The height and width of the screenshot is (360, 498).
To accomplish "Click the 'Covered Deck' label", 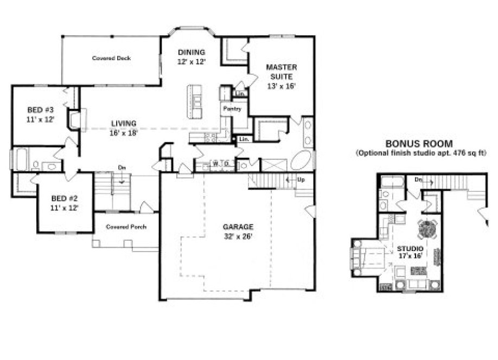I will tap(111, 58).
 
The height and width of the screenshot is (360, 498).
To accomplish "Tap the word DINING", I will tap(191, 53).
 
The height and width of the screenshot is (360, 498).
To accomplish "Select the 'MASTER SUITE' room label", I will tap(281, 72).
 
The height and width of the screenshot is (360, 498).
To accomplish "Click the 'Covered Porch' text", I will tap(125, 227).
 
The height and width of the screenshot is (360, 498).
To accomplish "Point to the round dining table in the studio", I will tap(427, 228).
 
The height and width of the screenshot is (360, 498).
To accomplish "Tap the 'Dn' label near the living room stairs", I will tap(122, 168).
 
